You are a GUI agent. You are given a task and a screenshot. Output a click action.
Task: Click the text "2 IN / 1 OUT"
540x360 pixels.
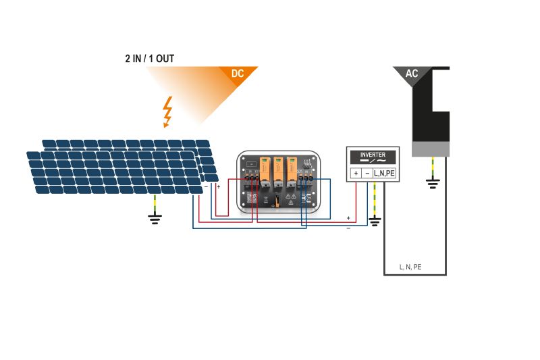point(146,59)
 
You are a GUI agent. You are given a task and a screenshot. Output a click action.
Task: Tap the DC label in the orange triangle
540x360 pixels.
point(237,74)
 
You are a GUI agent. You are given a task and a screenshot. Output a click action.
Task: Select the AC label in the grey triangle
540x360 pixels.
point(411,74)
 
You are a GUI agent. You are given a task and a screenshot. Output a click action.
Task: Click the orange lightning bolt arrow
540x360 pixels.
point(166,112)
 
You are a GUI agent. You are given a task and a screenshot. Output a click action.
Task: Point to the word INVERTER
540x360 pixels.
point(373,155)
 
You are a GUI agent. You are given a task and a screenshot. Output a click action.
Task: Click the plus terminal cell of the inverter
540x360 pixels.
point(355,174)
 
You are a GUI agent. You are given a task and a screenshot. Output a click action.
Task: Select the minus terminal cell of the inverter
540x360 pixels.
point(367,174)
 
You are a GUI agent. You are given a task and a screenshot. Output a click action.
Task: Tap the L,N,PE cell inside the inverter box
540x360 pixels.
point(384,174)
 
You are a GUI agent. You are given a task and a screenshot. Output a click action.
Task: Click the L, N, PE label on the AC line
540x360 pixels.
point(410,267)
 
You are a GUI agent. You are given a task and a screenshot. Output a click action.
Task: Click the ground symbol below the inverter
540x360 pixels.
point(375,220)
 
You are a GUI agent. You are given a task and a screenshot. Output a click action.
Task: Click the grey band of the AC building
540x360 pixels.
point(431,149)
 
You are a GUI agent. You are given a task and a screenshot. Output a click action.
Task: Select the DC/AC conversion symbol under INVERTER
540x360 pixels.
point(373,162)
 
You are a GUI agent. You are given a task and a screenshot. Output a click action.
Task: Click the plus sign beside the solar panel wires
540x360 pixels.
point(218,186)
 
